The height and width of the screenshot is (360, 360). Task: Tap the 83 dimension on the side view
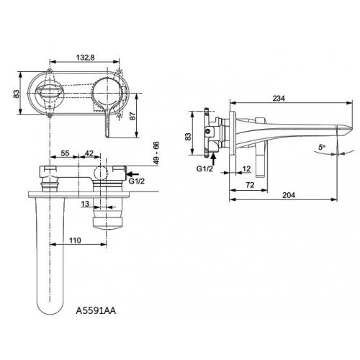pos(188,135)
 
